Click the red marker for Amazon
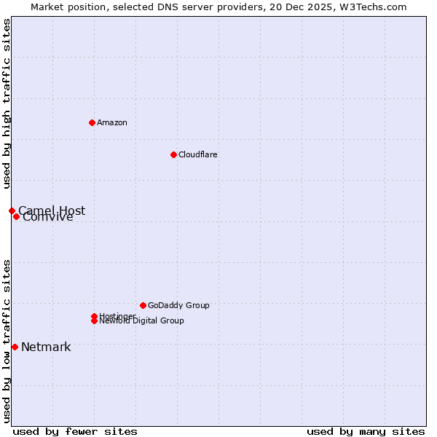click(x=92, y=122)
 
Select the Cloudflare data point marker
click(x=173, y=154)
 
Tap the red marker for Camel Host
click(x=12, y=210)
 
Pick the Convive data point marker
click(x=16, y=216)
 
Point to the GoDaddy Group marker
click(x=143, y=305)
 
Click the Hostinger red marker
click(x=94, y=316)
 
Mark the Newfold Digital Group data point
click(x=94, y=321)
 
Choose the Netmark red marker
click(x=15, y=347)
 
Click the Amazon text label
click(x=112, y=122)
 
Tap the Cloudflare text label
click(x=198, y=154)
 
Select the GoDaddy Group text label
click(x=178, y=305)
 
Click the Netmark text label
click(x=46, y=347)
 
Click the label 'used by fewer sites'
click(x=75, y=431)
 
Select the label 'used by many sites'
click(x=366, y=431)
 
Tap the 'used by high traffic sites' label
click(x=7, y=104)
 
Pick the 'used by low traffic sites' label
click(x=7, y=340)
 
